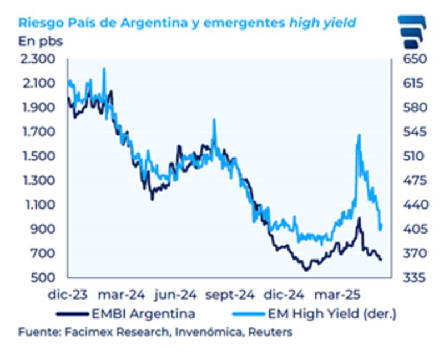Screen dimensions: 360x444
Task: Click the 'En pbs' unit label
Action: click(x=41, y=40)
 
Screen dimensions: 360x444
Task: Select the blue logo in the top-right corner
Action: click(x=413, y=32)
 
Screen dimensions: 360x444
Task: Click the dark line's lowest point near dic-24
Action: click(x=306, y=270)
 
